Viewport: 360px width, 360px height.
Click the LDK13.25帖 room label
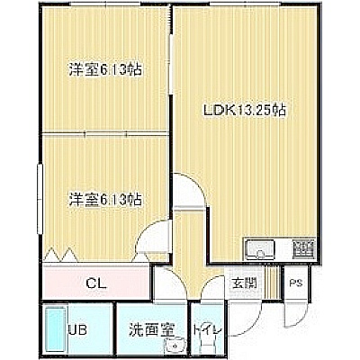[x=244, y=111]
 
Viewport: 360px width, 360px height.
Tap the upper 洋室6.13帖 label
[x=105, y=69]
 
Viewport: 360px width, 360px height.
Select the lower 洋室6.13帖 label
[x=105, y=199]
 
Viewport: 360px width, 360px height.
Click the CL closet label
[x=96, y=283]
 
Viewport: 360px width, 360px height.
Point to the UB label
[x=77, y=330]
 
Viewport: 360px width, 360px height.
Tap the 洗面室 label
[x=152, y=330]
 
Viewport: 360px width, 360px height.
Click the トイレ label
[x=208, y=330]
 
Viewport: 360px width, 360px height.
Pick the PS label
[x=296, y=283]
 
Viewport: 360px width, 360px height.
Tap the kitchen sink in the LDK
[x=260, y=249]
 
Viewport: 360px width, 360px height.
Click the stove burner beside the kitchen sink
[x=303, y=248]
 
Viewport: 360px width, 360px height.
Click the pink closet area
[x=96, y=282]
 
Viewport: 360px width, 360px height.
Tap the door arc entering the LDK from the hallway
[x=195, y=182]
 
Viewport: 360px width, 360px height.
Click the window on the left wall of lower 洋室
[x=40, y=199]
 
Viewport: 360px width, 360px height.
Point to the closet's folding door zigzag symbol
[x=61, y=255]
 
